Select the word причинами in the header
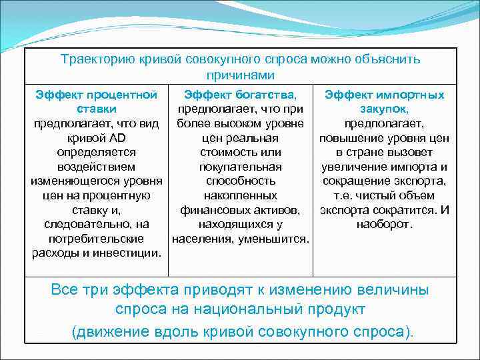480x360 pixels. pos(240,76)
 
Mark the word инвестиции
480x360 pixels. pos(132,253)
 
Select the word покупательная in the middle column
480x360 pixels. pos(240,166)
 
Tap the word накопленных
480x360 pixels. pos(240,195)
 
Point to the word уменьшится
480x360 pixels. pos(276,238)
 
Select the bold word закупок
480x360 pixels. pos(384,109)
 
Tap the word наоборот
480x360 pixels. pos(384,224)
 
